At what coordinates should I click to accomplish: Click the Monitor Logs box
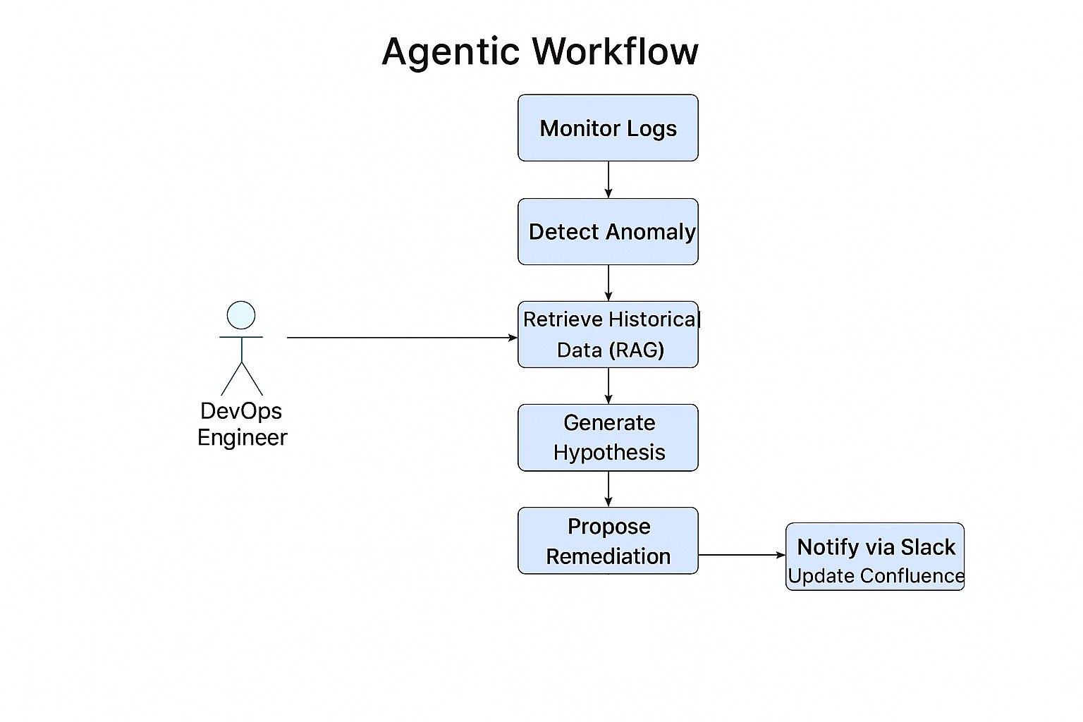click(608, 128)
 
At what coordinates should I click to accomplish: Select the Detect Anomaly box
click(608, 231)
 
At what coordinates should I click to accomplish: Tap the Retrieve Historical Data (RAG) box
click(608, 334)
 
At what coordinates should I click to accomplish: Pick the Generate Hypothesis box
click(608, 437)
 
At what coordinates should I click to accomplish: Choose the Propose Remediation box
click(608, 541)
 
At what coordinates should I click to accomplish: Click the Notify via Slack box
click(874, 547)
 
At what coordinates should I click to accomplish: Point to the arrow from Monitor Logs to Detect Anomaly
click(608, 179)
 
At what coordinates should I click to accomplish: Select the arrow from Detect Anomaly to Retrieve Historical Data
click(608, 283)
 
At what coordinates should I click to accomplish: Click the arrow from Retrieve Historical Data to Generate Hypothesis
click(608, 386)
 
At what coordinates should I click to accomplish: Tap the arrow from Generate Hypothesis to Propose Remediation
click(608, 489)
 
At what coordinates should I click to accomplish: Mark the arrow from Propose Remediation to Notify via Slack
click(742, 555)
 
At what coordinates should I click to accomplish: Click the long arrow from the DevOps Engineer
click(402, 338)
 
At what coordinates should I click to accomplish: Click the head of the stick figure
click(241, 315)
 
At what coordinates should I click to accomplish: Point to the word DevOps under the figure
click(241, 410)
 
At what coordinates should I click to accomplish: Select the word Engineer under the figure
click(242, 437)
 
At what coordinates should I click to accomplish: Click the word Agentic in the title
click(451, 52)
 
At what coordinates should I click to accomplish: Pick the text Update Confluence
click(876, 575)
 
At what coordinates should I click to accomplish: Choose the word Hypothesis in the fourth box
click(609, 452)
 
